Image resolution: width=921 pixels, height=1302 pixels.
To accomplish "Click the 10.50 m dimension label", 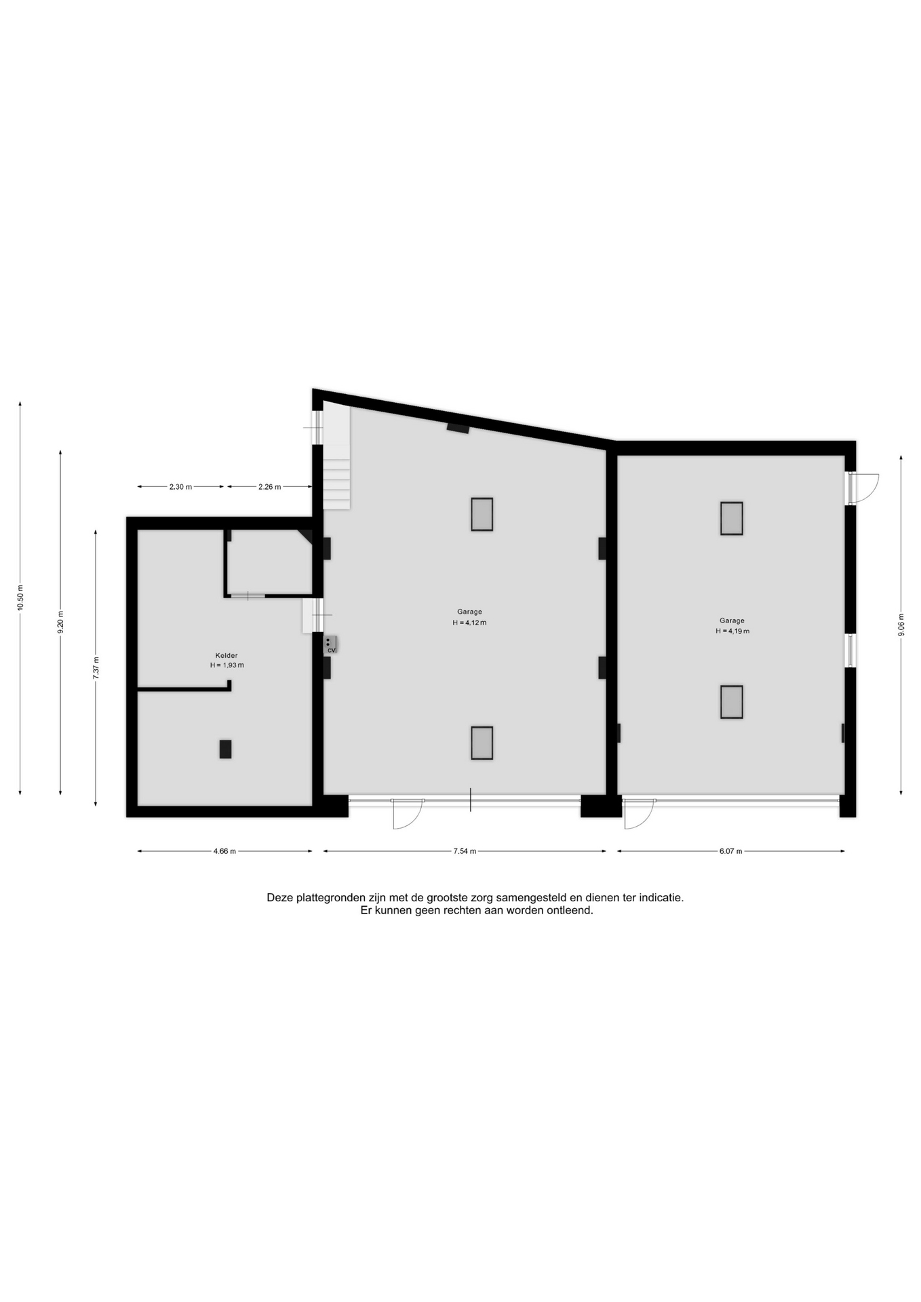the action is [20, 597].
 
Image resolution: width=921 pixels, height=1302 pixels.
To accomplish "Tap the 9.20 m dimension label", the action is [60, 622].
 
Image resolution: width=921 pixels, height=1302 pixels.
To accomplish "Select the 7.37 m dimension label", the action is [96, 668].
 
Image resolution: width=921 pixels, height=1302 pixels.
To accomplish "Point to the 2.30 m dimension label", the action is [180, 487].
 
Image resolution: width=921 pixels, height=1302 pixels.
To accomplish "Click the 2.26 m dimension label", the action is [269, 487].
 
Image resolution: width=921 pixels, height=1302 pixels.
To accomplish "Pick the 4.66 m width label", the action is [224, 852].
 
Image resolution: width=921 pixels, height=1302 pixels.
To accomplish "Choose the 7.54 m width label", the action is [465, 852].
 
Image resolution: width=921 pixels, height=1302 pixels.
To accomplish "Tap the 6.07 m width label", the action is [730, 852].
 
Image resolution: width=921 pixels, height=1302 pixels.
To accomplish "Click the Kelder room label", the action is [227, 656].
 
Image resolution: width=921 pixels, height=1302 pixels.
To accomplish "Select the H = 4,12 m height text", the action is [469, 623].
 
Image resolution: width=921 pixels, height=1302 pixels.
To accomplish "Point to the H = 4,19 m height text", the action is [732, 631].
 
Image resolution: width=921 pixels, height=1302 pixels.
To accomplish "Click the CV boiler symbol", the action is [330, 644].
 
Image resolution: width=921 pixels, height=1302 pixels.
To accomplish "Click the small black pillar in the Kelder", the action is [225, 749].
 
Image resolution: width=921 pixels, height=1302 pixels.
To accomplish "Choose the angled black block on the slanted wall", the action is [458, 428].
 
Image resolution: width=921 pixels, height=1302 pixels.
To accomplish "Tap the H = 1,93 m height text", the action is [227, 665].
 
